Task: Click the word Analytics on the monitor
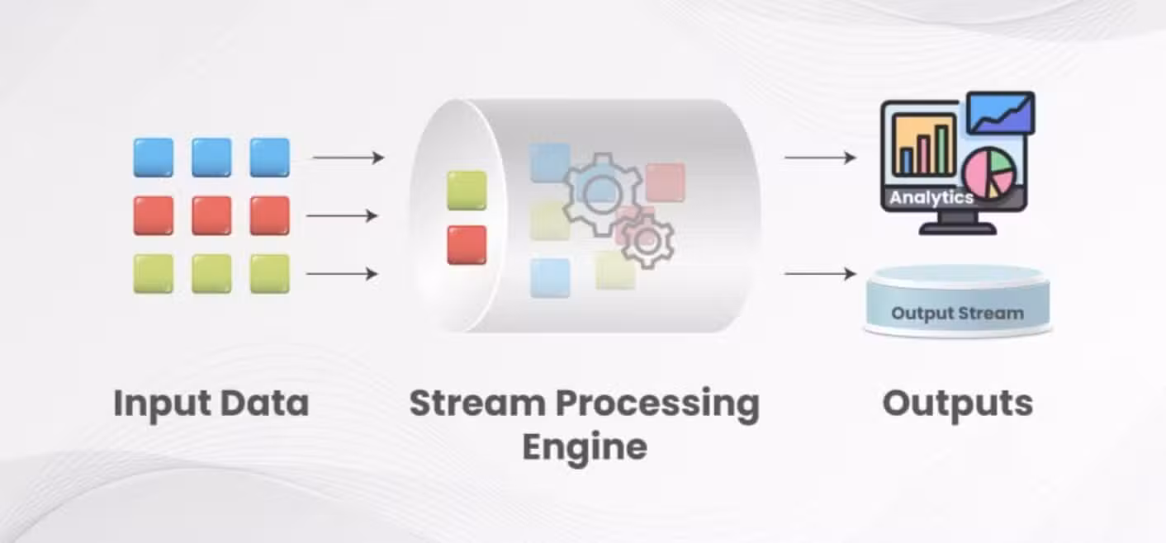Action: coord(931,198)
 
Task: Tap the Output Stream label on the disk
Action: coord(957,313)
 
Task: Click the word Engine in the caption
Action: coord(585,447)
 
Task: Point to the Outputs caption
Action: coord(957,404)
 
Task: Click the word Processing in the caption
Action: coord(657,404)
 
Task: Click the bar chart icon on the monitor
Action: coord(924,145)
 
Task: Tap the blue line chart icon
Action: coord(1001,113)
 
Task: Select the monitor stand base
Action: coord(957,229)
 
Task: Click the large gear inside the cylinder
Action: coord(602,193)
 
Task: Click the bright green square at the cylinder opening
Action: coord(467,191)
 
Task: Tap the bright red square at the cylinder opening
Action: coord(467,245)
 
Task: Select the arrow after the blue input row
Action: coord(348,157)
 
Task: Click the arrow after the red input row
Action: coord(342,215)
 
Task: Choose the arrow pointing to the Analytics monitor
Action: coord(820,157)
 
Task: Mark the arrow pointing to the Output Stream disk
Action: coord(820,273)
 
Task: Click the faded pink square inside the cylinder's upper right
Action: coord(666,182)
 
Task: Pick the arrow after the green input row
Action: coord(342,273)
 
